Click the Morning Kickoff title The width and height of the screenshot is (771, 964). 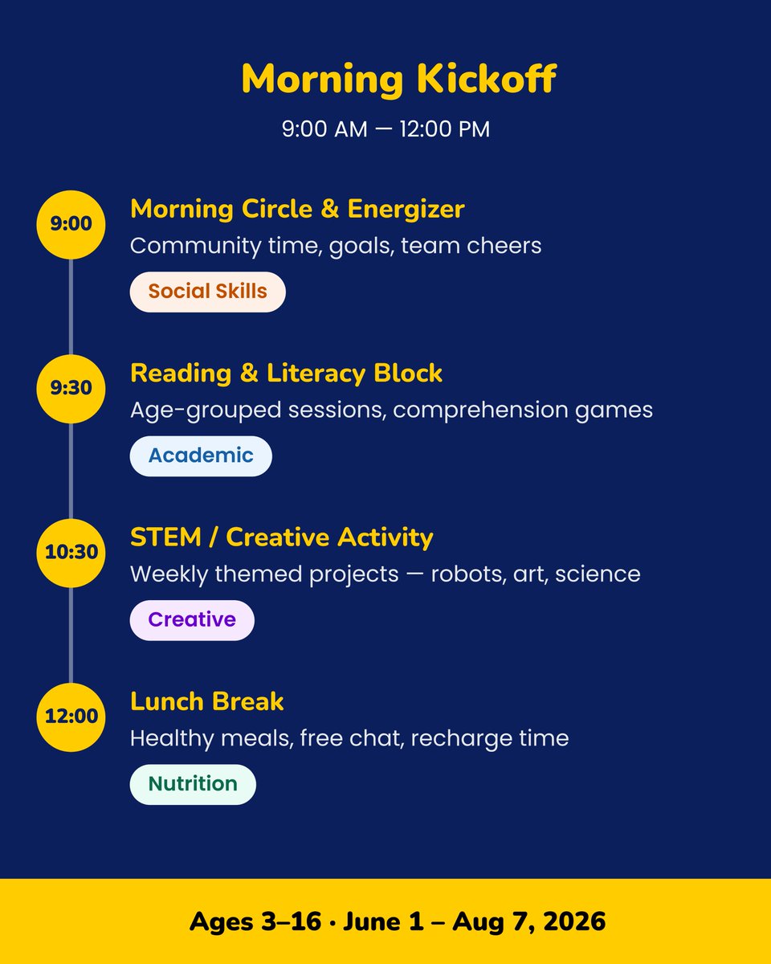398,80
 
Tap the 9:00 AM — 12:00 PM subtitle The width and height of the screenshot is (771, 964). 385,129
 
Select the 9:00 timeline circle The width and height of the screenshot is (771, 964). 71,224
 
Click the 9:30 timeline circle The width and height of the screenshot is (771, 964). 71,388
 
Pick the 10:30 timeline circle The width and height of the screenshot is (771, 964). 71,552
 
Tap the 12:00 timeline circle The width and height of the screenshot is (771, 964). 71,716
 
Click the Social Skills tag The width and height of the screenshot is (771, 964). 207,292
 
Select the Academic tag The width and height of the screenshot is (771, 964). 201,455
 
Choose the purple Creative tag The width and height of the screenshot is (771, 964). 192,619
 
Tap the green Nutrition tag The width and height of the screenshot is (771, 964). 193,783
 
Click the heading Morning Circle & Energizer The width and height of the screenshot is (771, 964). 297,210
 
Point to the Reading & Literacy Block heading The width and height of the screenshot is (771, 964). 286,374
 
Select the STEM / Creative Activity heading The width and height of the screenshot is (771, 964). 281,537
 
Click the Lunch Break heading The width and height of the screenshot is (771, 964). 206,701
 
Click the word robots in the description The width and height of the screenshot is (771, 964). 467,574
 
